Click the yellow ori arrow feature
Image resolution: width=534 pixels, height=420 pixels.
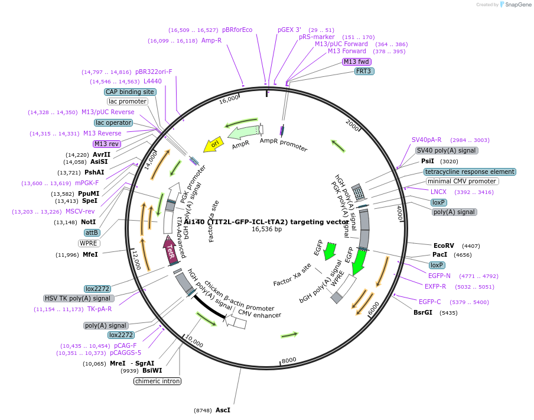(x=214, y=145)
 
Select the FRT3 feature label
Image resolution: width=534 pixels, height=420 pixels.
(x=364, y=72)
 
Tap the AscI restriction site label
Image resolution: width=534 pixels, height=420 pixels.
(x=223, y=410)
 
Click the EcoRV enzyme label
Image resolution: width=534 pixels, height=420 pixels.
(x=444, y=245)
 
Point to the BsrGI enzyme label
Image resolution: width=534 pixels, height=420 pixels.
(x=423, y=312)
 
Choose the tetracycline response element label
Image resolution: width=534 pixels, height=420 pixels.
(x=470, y=172)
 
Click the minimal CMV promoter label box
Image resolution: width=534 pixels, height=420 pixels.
(x=461, y=181)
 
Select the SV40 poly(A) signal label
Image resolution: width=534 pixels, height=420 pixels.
(x=447, y=150)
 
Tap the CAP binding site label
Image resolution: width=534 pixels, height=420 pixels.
(x=130, y=92)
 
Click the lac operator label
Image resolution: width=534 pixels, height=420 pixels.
(x=113, y=122)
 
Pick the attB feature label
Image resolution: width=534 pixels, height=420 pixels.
(x=92, y=232)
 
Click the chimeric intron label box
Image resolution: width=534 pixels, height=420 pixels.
(x=157, y=381)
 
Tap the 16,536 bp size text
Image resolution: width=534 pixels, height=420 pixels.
(x=266, y=229)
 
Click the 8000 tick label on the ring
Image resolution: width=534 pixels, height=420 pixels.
(x=289, y=360)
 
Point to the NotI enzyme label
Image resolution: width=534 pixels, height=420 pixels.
(x=89, y=222)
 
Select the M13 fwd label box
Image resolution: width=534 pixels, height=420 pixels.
(x=356, y=62)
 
